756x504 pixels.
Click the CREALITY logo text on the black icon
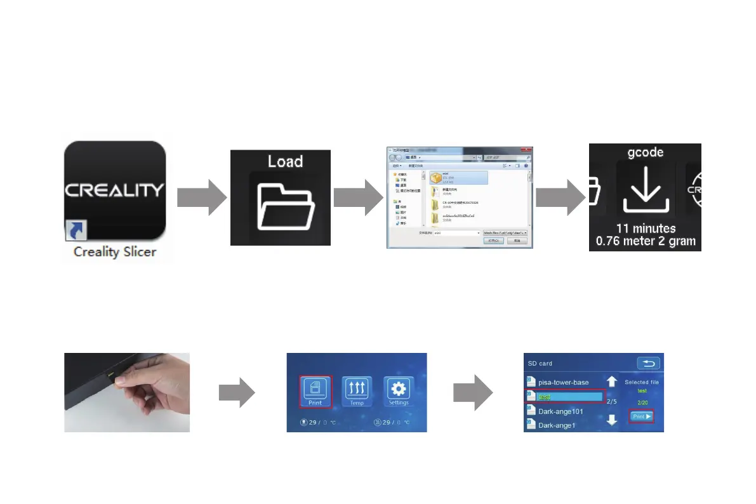click(114, 190)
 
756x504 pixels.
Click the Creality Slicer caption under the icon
click(114, 252)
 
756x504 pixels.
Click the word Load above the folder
click(285, 161)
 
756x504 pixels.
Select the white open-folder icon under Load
click(284, 206)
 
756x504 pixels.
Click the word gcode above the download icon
click(645, 152)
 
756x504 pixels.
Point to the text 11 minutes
click(645, 228)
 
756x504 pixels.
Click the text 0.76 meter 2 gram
click(645, 241)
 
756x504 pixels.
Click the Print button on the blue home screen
click(315, 392)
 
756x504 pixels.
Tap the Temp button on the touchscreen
click(357, 392)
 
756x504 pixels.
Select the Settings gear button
click(399, 392)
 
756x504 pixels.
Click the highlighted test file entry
click(564, 397)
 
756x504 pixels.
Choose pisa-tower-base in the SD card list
click(563, 382)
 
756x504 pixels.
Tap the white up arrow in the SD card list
click(612, 381)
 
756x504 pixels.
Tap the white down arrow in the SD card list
click(612, 420)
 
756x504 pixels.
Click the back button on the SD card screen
click(649, 363)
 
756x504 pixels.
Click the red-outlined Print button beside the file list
click(641, 417)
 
